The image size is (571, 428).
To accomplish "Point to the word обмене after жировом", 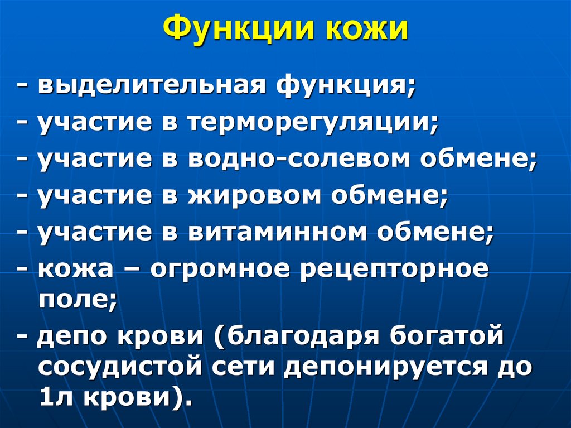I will coord(395,195).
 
